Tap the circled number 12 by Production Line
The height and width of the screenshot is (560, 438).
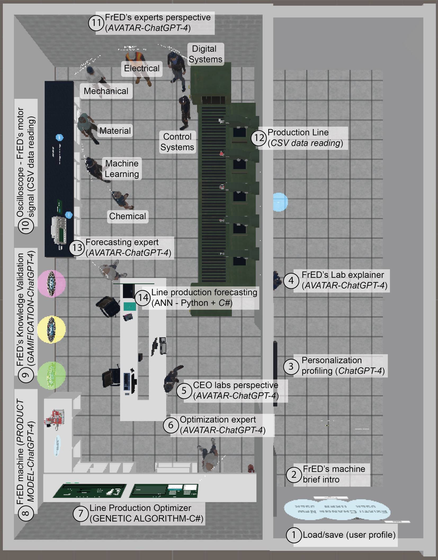click(x=259, y=138)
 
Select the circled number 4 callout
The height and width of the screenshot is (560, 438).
click(x=291, y=280)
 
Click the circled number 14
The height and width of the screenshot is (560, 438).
click(x=143, y=298)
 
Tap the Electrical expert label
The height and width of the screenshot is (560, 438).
click(x=142, y=68)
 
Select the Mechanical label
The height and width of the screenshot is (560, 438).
click(x=106, y=91)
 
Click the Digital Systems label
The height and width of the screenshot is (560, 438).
click(x=205, y=54)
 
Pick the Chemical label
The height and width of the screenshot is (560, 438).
click(x=127, y=216)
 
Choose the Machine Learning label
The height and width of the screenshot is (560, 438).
click(x=122, y=169)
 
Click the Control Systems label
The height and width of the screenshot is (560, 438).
click(x=177, y=142)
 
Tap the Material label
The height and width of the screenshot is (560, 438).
click(x=115, y=131)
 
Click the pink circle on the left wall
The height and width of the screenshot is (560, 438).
click(x=51, y=284)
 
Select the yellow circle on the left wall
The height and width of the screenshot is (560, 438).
click(x=51, y=329)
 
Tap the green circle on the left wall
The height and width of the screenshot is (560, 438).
click(x=51, y=375)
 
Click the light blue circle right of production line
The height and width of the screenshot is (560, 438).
click(x=280, y=202)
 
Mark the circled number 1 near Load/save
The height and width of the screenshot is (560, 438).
click(x=294, y=535)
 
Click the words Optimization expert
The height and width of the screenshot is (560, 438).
click(x=218, y=420)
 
